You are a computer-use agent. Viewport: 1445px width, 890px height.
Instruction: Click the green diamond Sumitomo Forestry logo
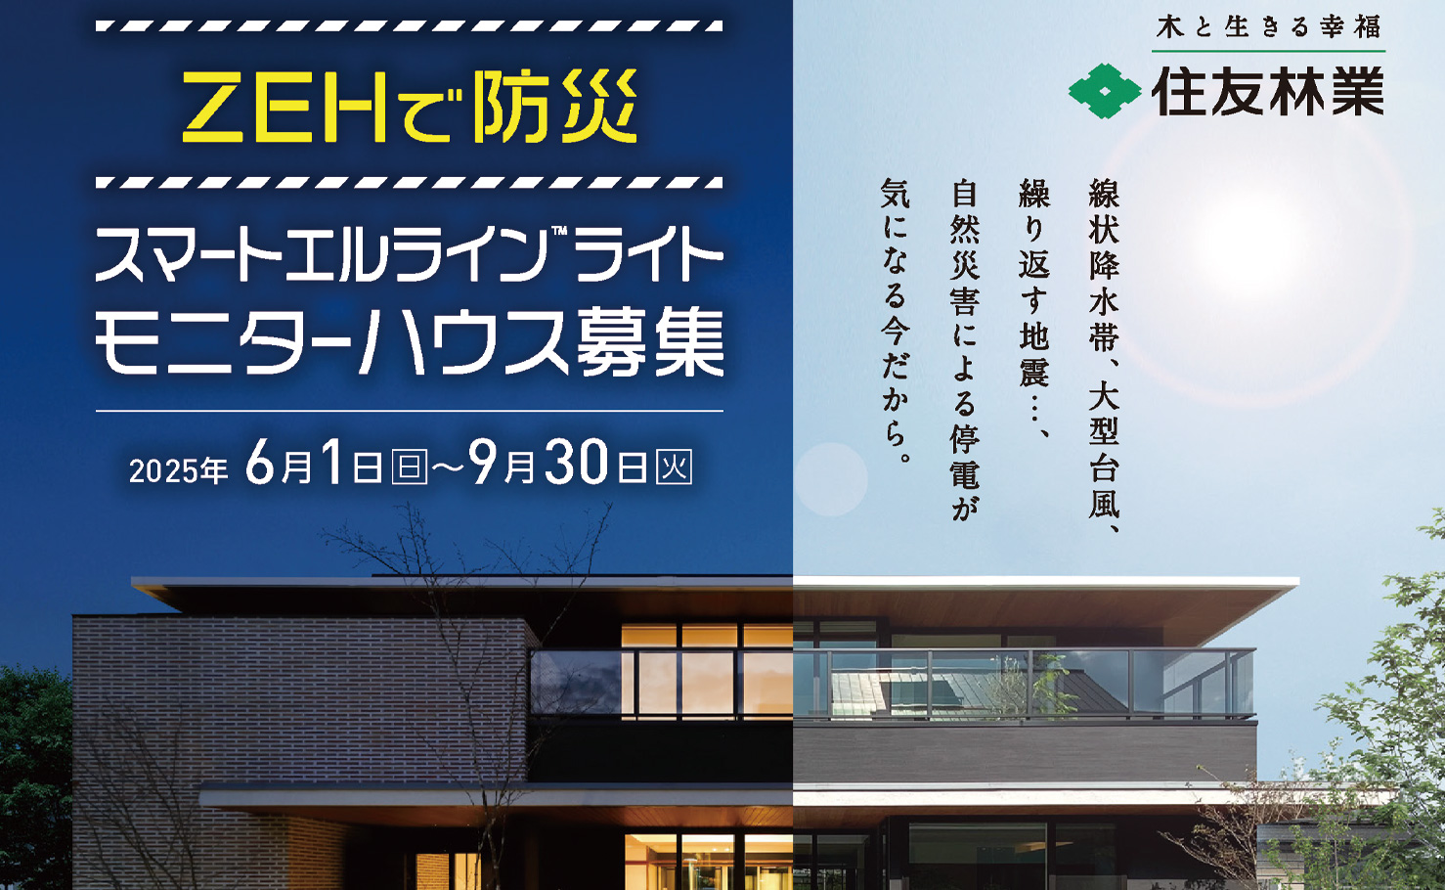(1105, 91)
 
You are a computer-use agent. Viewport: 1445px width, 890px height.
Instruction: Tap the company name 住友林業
(1268, 91)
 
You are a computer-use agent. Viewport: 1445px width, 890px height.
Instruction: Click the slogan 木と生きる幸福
(1268, 27)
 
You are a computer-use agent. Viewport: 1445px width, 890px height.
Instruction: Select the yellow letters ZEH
(285, 108)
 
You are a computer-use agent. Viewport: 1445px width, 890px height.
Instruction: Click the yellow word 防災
(554, 107)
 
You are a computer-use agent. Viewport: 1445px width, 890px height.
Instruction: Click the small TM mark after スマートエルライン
(558, 231)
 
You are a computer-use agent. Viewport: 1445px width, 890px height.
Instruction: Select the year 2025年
(179, 470)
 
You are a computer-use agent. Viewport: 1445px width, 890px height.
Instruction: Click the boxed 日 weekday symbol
(410, 467)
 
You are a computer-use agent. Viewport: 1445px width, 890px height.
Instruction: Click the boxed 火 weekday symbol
(675, 467)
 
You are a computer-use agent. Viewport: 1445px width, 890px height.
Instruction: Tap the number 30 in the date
(576, 462)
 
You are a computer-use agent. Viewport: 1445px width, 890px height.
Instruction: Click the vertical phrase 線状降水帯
(1104, 265)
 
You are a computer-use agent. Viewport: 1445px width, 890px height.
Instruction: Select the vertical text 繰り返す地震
(1034, 283)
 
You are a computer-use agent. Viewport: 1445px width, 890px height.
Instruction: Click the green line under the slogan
(1268, 51)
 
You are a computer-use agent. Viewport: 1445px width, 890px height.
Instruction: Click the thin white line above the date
(410, 411)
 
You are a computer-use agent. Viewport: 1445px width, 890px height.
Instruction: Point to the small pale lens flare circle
(831, 479)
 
